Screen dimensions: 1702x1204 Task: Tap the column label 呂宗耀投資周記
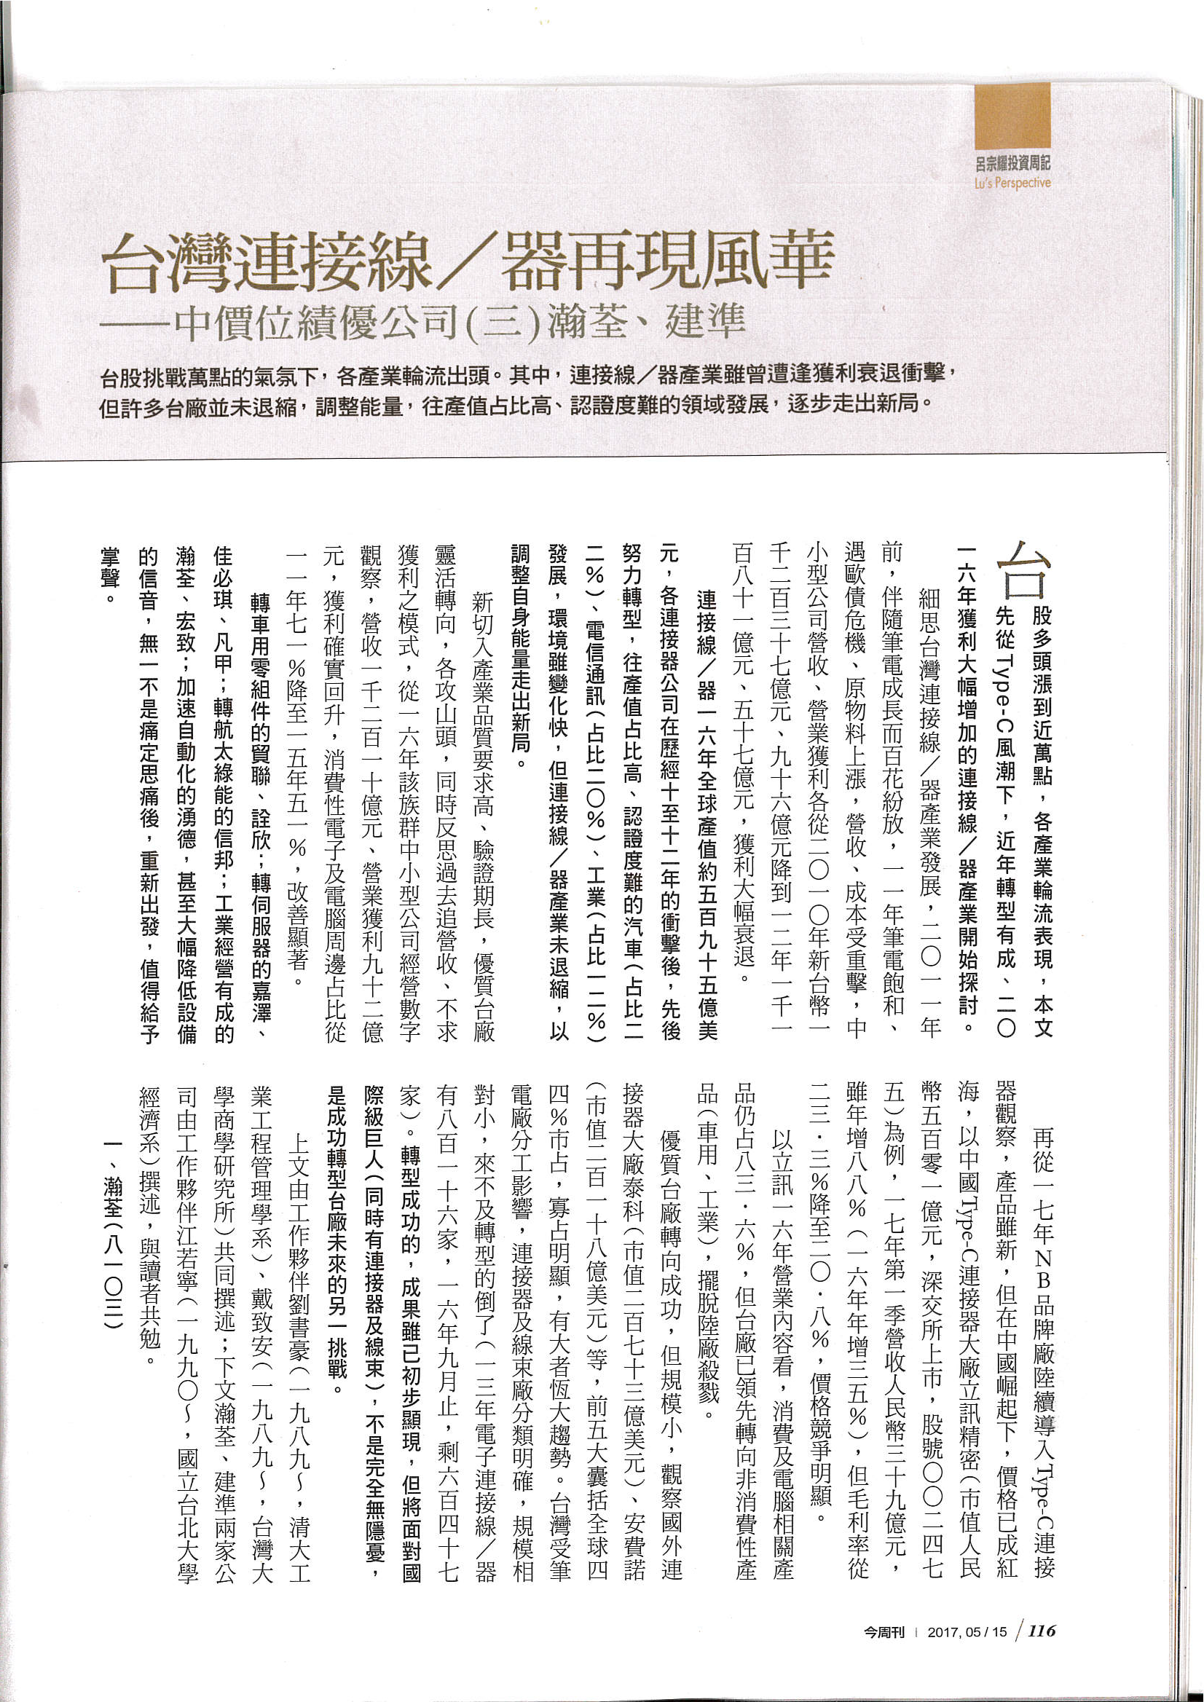pos(1012,163)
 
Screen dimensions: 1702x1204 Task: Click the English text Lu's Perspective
pos(1012,182)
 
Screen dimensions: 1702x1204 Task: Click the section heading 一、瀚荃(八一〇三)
pos(112,1253)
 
